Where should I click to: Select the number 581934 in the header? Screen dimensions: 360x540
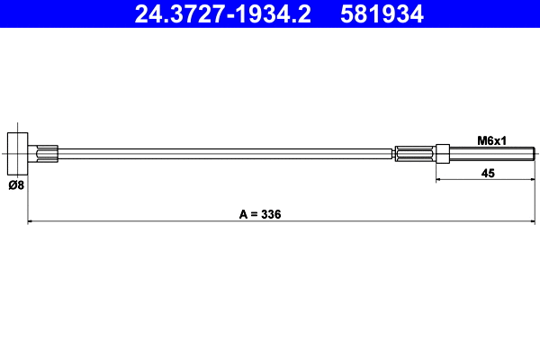coord(382,13)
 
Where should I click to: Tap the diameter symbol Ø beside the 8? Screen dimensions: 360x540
coord(12,186)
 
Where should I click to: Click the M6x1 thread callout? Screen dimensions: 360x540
coord(490,140)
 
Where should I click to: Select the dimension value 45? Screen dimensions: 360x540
coord(488,173)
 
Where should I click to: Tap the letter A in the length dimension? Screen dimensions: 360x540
coord(243,214)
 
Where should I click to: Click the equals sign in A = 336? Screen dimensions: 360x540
coord(255,214)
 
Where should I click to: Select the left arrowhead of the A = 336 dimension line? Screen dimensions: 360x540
coord(32,221)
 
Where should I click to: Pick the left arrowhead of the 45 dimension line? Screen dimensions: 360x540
coord(440,180)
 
